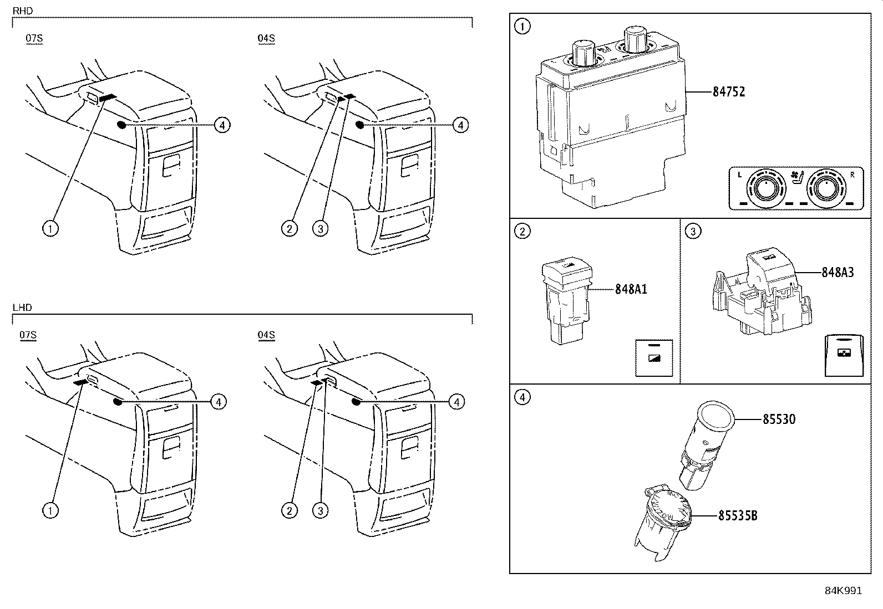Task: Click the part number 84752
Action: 728,92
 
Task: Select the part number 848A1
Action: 631,289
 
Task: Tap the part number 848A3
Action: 838,272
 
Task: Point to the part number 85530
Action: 779,419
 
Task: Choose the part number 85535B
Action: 737,516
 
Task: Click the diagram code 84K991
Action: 843,591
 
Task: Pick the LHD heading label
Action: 22,308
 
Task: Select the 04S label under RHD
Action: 266,38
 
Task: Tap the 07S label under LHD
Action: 28,335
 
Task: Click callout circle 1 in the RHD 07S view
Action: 50,228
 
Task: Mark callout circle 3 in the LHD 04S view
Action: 320,510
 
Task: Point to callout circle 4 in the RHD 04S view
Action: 460,125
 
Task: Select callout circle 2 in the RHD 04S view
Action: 290,228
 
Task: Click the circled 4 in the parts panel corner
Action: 522,397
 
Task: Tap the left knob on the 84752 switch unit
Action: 583,52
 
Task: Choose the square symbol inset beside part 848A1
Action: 653,358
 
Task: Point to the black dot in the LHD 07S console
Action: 117,401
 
